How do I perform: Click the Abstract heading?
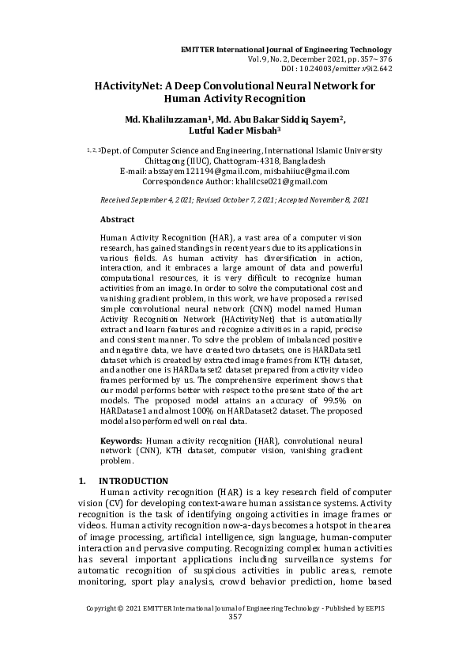(x=117, y=219)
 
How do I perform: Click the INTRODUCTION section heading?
(x=133, y=481)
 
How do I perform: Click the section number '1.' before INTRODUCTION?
(x=82, y=481)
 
